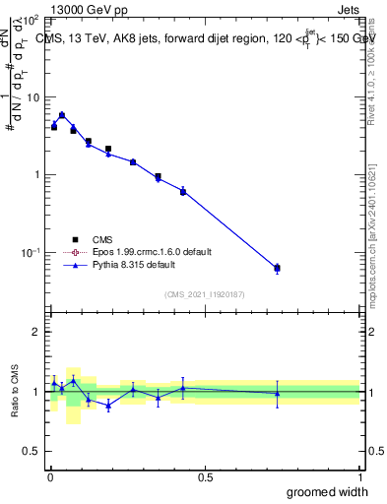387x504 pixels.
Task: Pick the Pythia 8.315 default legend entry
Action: (135, 265)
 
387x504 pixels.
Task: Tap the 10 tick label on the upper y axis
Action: (32, 97)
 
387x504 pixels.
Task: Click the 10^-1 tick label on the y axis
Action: (30, 253)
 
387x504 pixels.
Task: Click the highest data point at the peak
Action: (62, 115)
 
